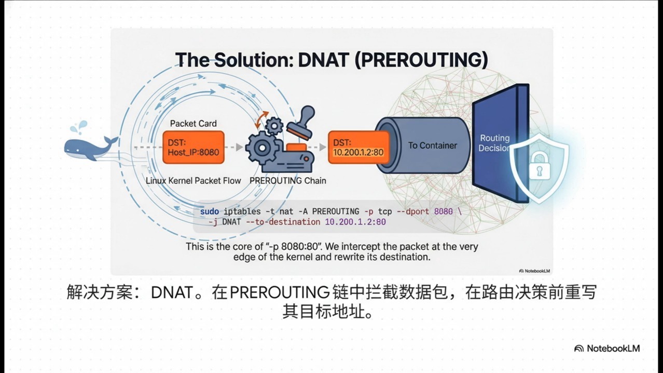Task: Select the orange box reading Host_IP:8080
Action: [193, 148]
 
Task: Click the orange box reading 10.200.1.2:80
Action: [358, 147]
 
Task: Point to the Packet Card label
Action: [193, 123]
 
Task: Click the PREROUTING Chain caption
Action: [288, 180]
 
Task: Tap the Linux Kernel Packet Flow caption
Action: [193, 180]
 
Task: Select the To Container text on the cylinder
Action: [432, 145]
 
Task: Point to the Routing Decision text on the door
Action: [494, 143]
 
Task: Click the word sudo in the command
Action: [210, 211]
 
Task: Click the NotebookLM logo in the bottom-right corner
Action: [607, 348]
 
